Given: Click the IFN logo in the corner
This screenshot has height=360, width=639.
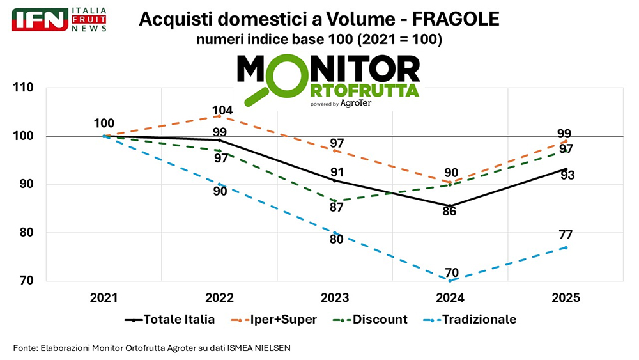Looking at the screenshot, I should coord(40,20).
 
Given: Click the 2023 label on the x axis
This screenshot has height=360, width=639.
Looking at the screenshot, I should coord(335,298).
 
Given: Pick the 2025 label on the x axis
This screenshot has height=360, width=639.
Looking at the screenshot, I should coord(566,298).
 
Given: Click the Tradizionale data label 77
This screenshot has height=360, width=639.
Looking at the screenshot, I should coord(566,235).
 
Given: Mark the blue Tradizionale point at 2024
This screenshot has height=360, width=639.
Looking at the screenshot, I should coord(450,280).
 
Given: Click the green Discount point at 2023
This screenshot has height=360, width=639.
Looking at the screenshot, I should coord(334,201).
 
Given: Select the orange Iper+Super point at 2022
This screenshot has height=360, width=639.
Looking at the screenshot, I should coord(219,116).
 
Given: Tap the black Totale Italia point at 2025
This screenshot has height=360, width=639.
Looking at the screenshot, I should coord(566,169).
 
